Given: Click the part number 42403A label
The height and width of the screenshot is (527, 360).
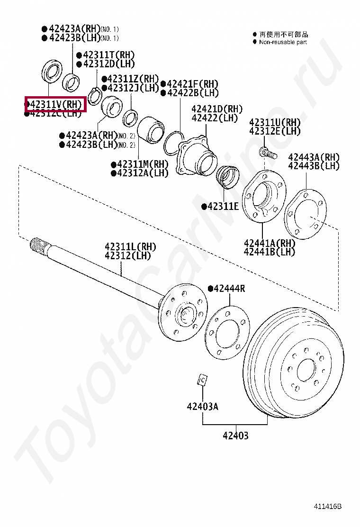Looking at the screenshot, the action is point(202,406).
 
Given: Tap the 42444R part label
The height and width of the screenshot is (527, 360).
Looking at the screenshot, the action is point(229,288).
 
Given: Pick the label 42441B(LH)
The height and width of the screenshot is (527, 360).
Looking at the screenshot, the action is point(269,252).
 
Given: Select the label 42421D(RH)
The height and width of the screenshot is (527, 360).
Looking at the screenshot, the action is point(217,109).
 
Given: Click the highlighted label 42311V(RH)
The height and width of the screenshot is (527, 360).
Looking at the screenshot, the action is point(55,104).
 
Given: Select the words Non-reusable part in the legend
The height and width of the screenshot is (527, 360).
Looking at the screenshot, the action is point(283,42).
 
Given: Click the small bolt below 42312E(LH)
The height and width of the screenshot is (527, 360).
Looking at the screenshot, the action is point(267,153).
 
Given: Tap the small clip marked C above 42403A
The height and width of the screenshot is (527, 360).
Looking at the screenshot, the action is point(202,379).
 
